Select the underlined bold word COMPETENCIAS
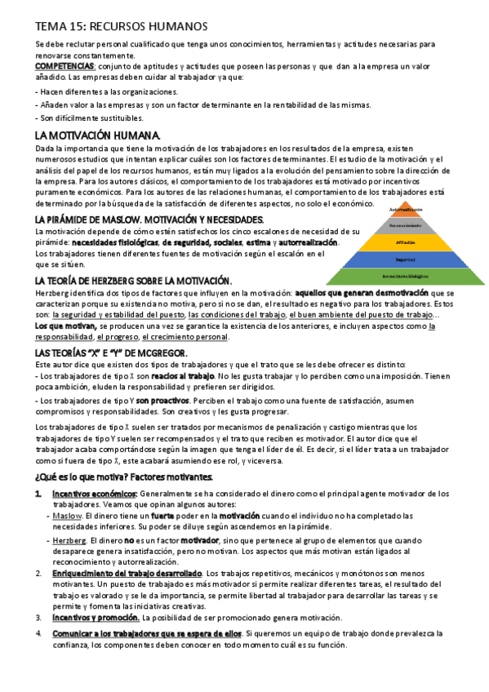(65, 65)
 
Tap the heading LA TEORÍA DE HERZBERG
(134, 281)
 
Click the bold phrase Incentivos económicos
(95, 495)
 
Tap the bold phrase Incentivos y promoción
(96, 619)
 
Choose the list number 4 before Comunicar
(38, 633)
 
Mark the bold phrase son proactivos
(163, 401)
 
